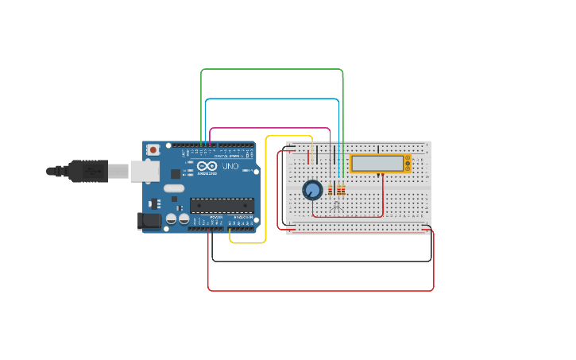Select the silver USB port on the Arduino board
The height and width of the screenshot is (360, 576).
point(145,171)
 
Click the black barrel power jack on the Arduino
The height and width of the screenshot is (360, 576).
point(148,221)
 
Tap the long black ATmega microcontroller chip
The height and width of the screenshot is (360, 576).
point(222,205)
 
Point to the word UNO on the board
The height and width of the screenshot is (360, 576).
point(230,167)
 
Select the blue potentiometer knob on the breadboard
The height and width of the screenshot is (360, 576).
point(312,190)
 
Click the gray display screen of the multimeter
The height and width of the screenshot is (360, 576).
point(377,163)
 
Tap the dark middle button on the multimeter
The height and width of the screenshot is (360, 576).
point(408,164)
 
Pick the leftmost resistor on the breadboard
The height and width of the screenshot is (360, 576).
point(331,189)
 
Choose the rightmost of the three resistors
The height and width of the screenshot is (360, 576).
point(342,189)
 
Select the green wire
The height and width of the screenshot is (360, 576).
point(270,70)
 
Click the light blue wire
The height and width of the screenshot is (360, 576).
point(270,99)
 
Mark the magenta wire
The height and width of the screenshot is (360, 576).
point(270,128)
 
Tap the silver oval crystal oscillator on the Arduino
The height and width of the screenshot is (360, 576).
point(174,188)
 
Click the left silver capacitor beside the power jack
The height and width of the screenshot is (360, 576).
point(172,219)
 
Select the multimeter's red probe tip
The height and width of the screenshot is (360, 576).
point(382,176)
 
